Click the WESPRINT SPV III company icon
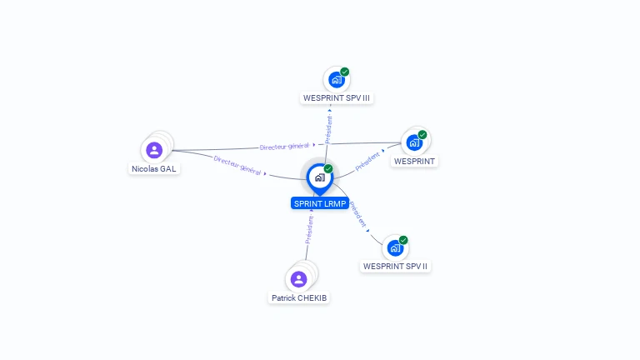335,80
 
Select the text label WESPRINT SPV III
337,98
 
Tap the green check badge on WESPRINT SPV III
345,72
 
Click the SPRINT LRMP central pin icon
319,177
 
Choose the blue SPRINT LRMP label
319,203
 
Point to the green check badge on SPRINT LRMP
328,168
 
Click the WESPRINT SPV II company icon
395,247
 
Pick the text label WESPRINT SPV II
396,267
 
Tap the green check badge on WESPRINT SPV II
404,240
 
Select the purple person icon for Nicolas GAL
154,150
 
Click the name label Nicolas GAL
154,168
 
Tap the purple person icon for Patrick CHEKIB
299,279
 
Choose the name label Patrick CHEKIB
300,297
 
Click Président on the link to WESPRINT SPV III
328,130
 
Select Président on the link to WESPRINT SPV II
357,215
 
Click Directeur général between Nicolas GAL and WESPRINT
284,147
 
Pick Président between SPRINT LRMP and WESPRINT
367,161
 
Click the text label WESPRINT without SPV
414,161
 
